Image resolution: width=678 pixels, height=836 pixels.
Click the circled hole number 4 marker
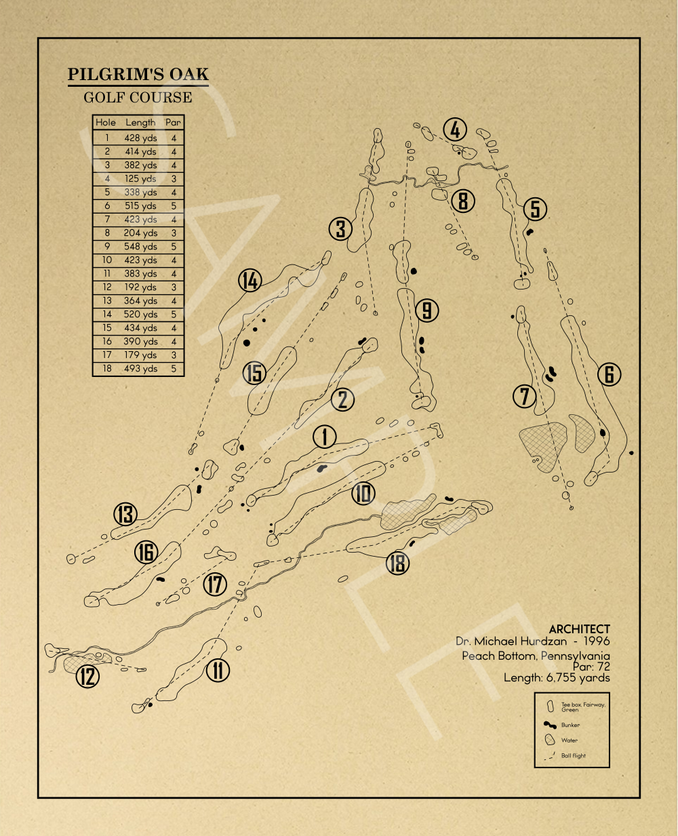click(x=456, y=130)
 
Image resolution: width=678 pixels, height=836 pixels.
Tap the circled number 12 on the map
click(x=87, y=676)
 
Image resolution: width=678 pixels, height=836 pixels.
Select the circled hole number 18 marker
click(x=398, y=563)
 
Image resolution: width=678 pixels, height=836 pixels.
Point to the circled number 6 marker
click(x=610, y=374)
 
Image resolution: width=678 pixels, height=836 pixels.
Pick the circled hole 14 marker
click(x=250, y=280)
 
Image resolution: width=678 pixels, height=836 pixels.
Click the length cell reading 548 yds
click(x=140, y=247)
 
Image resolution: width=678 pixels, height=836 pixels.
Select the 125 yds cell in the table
click(x=140, y=179)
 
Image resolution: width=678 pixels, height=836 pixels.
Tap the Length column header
click(x=140, y=123)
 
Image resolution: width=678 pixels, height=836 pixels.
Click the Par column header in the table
click(x=174, y=123)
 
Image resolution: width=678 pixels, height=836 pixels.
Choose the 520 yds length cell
click(x=140, y=315)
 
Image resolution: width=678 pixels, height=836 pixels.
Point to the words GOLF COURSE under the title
click(x=138, y=98)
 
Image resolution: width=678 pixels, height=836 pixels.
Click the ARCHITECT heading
click(x=579, y=629)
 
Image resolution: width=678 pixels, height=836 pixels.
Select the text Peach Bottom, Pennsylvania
click(x=536, y=656)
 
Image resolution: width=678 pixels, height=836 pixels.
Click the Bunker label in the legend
click(x=570, y=725)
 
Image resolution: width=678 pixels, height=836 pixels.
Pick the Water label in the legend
click(x=570, y=740)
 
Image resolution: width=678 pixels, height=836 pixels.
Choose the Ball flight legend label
click(x=574, y=755)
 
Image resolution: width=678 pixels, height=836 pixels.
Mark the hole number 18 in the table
click(x=107, y=369)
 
